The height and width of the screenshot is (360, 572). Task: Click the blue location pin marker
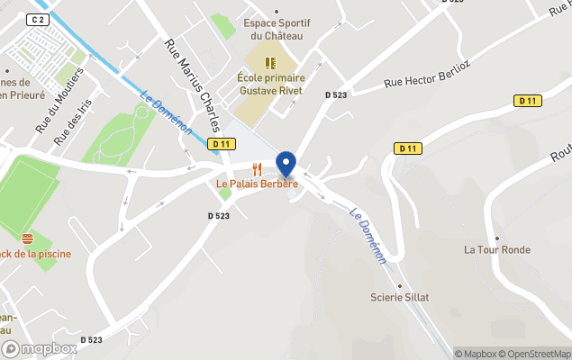pos(286,165)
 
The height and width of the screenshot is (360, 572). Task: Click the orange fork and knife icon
pos(257,169)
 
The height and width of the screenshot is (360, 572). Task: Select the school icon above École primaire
pos(270,63)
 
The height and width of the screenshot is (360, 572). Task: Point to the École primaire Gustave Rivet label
pos(270,85)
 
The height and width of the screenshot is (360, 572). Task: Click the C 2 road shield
pos(37,20)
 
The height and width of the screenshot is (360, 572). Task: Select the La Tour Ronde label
pos(497,249)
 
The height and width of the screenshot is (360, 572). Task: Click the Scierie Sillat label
pos(400,297)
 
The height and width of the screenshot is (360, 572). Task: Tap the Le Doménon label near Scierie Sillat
pos(368,237)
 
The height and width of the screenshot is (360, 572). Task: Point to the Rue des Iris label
pos(73,122)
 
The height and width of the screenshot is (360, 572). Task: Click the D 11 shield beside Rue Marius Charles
pos(221,144)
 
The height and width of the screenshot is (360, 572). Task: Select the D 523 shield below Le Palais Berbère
pos(219,216)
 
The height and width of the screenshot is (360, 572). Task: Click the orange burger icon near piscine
pos(27,238)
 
